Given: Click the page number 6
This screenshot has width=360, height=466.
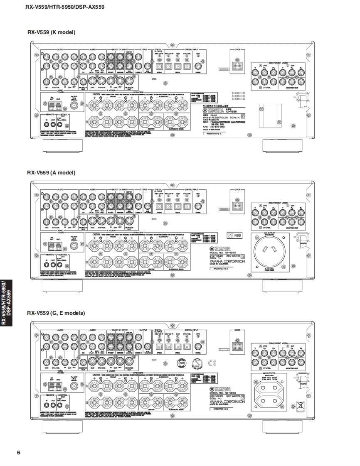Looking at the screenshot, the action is pyautogui.click(x=18, y=452).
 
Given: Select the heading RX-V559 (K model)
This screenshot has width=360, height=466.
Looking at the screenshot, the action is pyautogui.click(x=51, y=32).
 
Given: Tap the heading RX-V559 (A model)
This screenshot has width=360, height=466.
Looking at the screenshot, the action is pyautogui.click(x=51, y=172).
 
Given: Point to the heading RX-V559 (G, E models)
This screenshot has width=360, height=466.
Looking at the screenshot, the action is pyautogui.click(x=56, y=313).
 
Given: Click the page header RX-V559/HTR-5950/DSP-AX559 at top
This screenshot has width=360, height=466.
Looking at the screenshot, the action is pyautogui.click(x=64, y=7).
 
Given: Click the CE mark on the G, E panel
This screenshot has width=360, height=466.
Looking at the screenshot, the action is pyautogui.click(x=212, y=364).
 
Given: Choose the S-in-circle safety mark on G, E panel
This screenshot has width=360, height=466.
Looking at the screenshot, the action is pyautogui.click(x=197, y=363).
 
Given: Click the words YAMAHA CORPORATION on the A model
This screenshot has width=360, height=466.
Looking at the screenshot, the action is pyautogui.click(x=227, y=262).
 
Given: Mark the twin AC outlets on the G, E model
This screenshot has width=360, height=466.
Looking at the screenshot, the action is pyautogui.click(x=268, y=394).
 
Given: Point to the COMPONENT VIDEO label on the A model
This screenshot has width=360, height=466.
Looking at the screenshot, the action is pyautogui.click(x=279, y=202).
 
